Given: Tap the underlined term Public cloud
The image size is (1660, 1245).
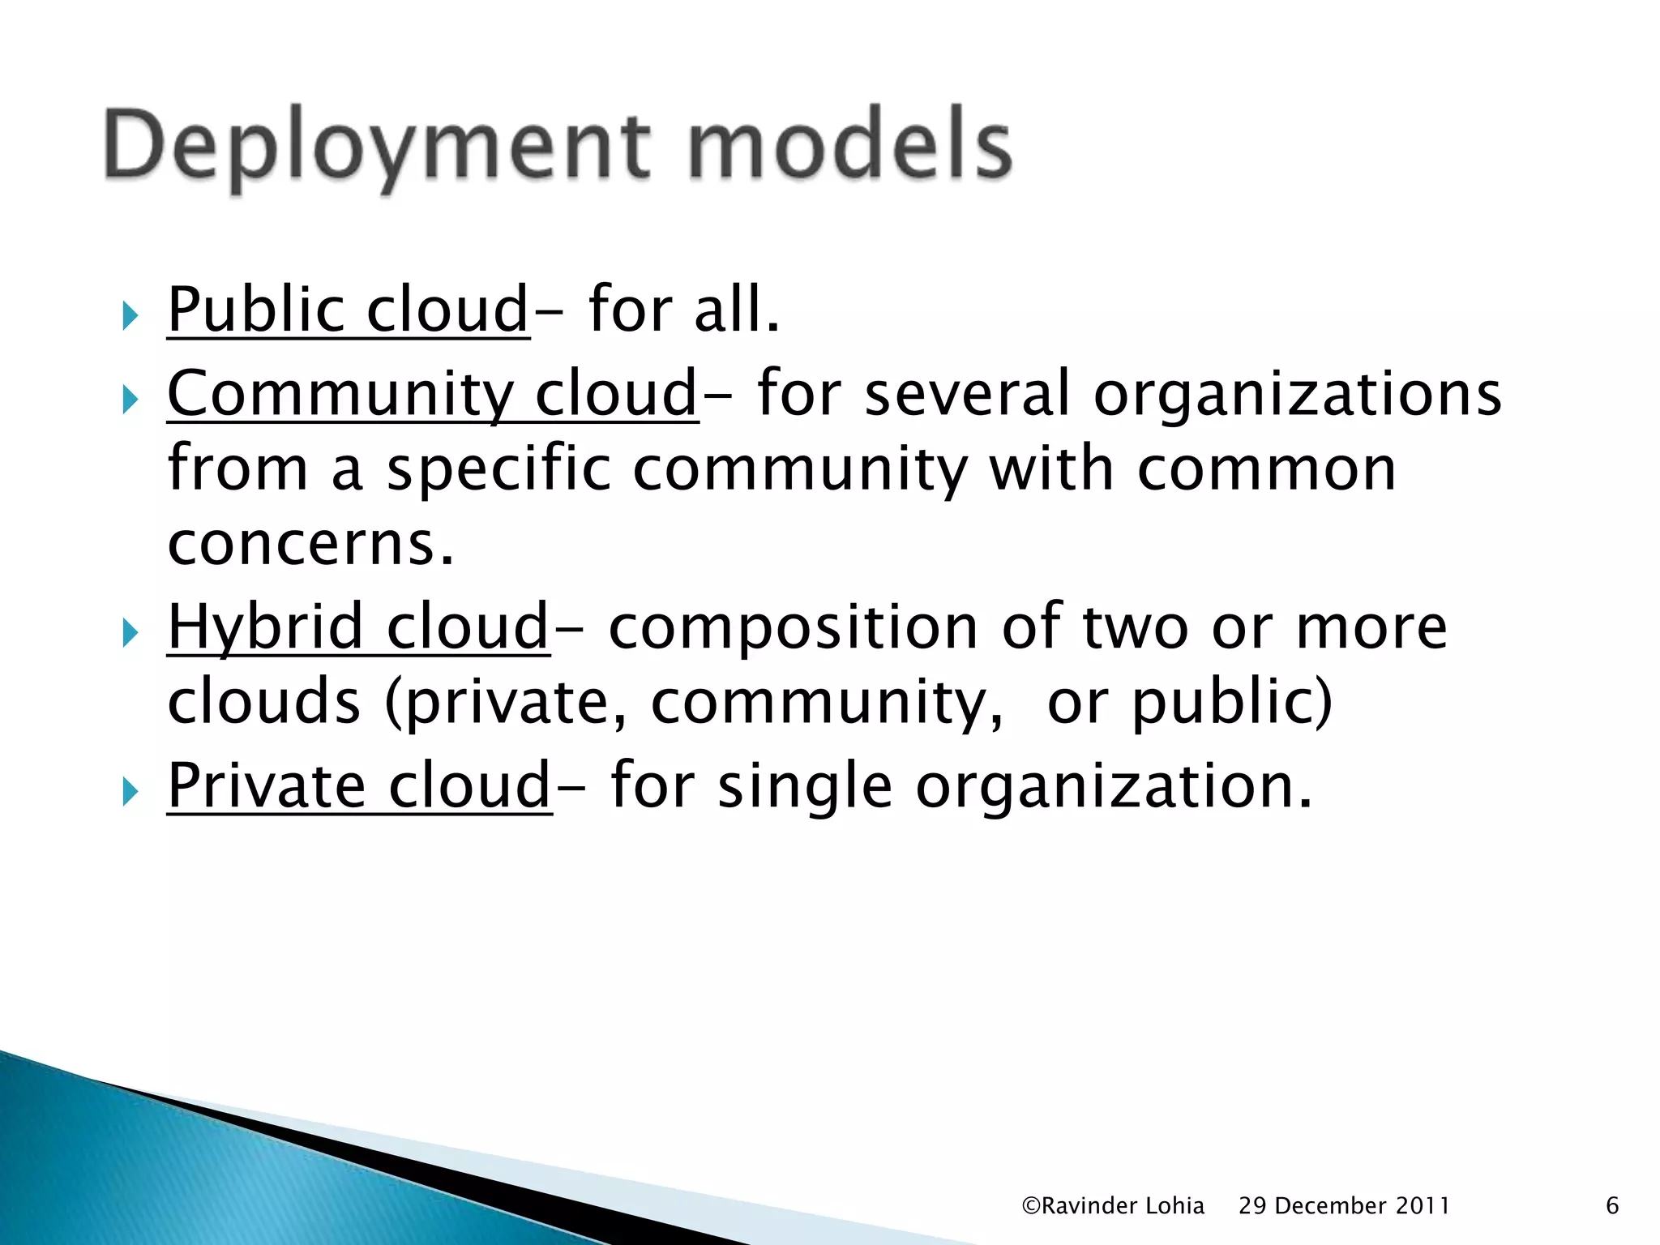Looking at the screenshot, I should pos(348,310).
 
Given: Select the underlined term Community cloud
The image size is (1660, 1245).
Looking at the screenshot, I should pos(432,393).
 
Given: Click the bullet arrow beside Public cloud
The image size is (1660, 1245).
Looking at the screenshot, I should pos(130,315).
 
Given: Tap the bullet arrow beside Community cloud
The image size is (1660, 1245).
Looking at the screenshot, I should pos(130,399).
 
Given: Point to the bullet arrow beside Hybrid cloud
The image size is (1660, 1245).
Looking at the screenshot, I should pos(130,632).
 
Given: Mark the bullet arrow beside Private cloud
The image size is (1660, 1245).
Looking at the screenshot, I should pos(130,790).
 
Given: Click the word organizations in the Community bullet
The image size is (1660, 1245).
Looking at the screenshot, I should pos(1297,395).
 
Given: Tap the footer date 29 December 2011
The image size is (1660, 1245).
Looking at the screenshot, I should pos(1344,1206).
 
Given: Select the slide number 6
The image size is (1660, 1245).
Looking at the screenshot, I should pos(1612,1206).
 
